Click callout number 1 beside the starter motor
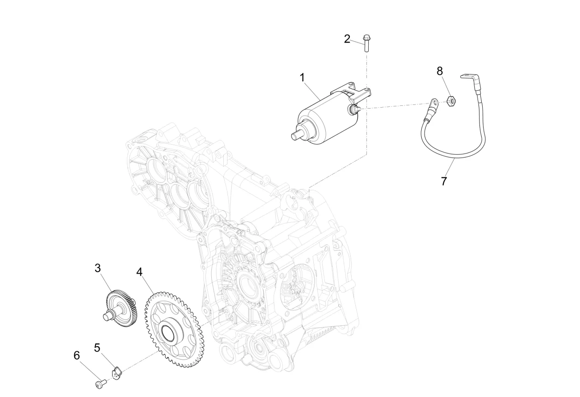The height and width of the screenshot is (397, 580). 302,78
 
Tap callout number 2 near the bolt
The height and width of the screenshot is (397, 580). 347,39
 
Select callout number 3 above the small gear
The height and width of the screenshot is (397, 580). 98,268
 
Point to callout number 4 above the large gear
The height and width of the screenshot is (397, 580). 139,272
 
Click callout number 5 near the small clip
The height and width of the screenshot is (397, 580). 97,347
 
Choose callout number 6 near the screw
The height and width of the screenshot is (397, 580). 77,355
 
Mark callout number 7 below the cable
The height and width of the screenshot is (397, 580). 444,181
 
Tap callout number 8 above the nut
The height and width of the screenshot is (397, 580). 440,71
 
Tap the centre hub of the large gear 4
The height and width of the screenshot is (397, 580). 170,333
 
